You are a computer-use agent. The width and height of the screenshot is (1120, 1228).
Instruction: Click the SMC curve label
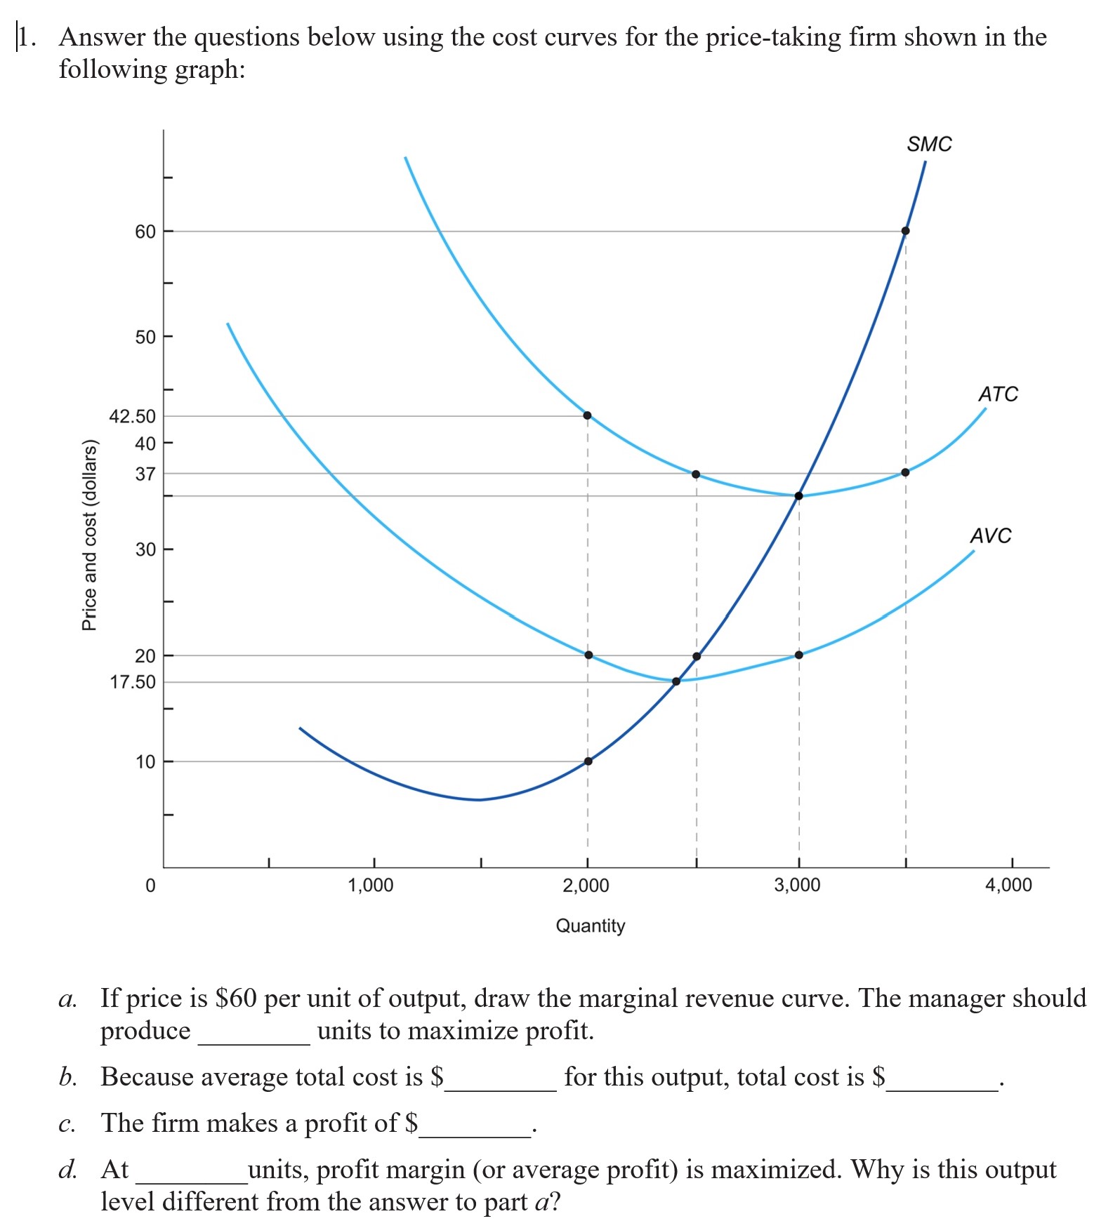point(929,145)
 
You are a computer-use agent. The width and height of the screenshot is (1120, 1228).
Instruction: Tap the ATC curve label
point(998,394)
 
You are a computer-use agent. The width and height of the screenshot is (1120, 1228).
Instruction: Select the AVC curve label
point(991,536)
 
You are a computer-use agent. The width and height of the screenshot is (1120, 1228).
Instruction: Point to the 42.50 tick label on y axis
point(133,416)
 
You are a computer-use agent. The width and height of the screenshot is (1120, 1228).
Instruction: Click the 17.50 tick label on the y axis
point(133,682)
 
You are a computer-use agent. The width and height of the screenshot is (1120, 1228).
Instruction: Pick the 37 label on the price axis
point(145,474)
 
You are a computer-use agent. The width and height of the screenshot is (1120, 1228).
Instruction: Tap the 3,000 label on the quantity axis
point(797,886)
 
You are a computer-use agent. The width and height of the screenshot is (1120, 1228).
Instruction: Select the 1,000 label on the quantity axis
point(371,886)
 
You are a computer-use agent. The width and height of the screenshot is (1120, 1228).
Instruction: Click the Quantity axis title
point(591,926)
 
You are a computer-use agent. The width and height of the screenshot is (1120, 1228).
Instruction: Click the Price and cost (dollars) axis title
point(89,535)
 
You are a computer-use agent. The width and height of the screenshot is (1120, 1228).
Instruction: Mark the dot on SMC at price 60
point(905,231)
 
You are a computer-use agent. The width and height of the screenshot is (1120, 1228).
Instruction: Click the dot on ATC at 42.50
point(587,415)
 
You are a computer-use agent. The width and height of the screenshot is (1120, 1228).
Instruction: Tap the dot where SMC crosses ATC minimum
point(798,496)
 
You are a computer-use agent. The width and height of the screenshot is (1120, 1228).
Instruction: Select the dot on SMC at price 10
point(588,761)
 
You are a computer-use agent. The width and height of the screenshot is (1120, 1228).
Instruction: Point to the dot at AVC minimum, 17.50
point(676,681)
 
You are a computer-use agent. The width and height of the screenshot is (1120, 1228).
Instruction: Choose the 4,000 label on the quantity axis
point(1008,886)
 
